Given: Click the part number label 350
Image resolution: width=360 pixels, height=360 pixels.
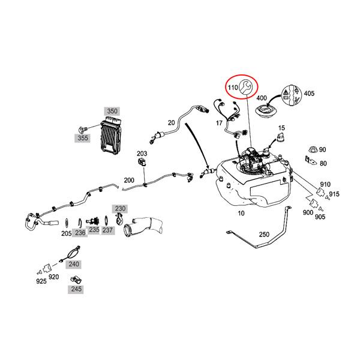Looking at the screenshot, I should (112, 111).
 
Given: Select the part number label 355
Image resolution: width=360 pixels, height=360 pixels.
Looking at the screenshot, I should (83, 138).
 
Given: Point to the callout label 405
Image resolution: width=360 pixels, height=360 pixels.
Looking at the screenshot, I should (309, 94).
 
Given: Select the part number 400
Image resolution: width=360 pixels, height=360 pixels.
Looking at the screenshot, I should (262, 97).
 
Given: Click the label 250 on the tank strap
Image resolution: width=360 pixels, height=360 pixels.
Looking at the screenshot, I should (264, 235).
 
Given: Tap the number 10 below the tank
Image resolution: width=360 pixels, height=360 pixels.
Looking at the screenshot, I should (241, 213).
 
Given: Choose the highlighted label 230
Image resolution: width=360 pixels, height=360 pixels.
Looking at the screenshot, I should (121, 208).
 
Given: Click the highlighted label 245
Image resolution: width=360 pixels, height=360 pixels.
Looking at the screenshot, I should (76, 289).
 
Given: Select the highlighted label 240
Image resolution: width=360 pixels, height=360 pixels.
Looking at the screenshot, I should (73, 263).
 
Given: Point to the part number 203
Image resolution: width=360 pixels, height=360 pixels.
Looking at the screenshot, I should (142, 154).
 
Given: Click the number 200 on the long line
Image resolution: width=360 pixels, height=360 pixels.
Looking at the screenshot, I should (129, 180).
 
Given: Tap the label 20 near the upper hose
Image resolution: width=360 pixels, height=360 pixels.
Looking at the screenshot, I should (171, 122).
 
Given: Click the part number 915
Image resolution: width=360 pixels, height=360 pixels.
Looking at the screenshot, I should (334, 194).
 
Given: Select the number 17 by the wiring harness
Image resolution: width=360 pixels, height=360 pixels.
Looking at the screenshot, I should (219, 123).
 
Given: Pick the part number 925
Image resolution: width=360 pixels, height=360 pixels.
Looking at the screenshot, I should (41, 281).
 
